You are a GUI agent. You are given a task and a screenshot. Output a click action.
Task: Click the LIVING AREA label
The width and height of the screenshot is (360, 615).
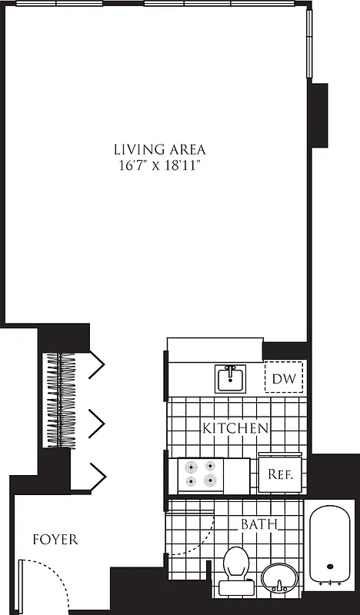coord(159,149)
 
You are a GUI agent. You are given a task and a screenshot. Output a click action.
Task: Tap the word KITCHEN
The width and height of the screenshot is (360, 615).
coord(235,428)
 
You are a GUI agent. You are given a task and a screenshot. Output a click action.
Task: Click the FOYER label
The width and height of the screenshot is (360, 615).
coord(55,540)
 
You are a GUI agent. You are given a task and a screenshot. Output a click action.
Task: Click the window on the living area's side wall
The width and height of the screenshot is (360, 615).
coord(311,42)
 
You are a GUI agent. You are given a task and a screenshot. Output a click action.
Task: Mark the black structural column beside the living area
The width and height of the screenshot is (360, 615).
coord(319,115)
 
